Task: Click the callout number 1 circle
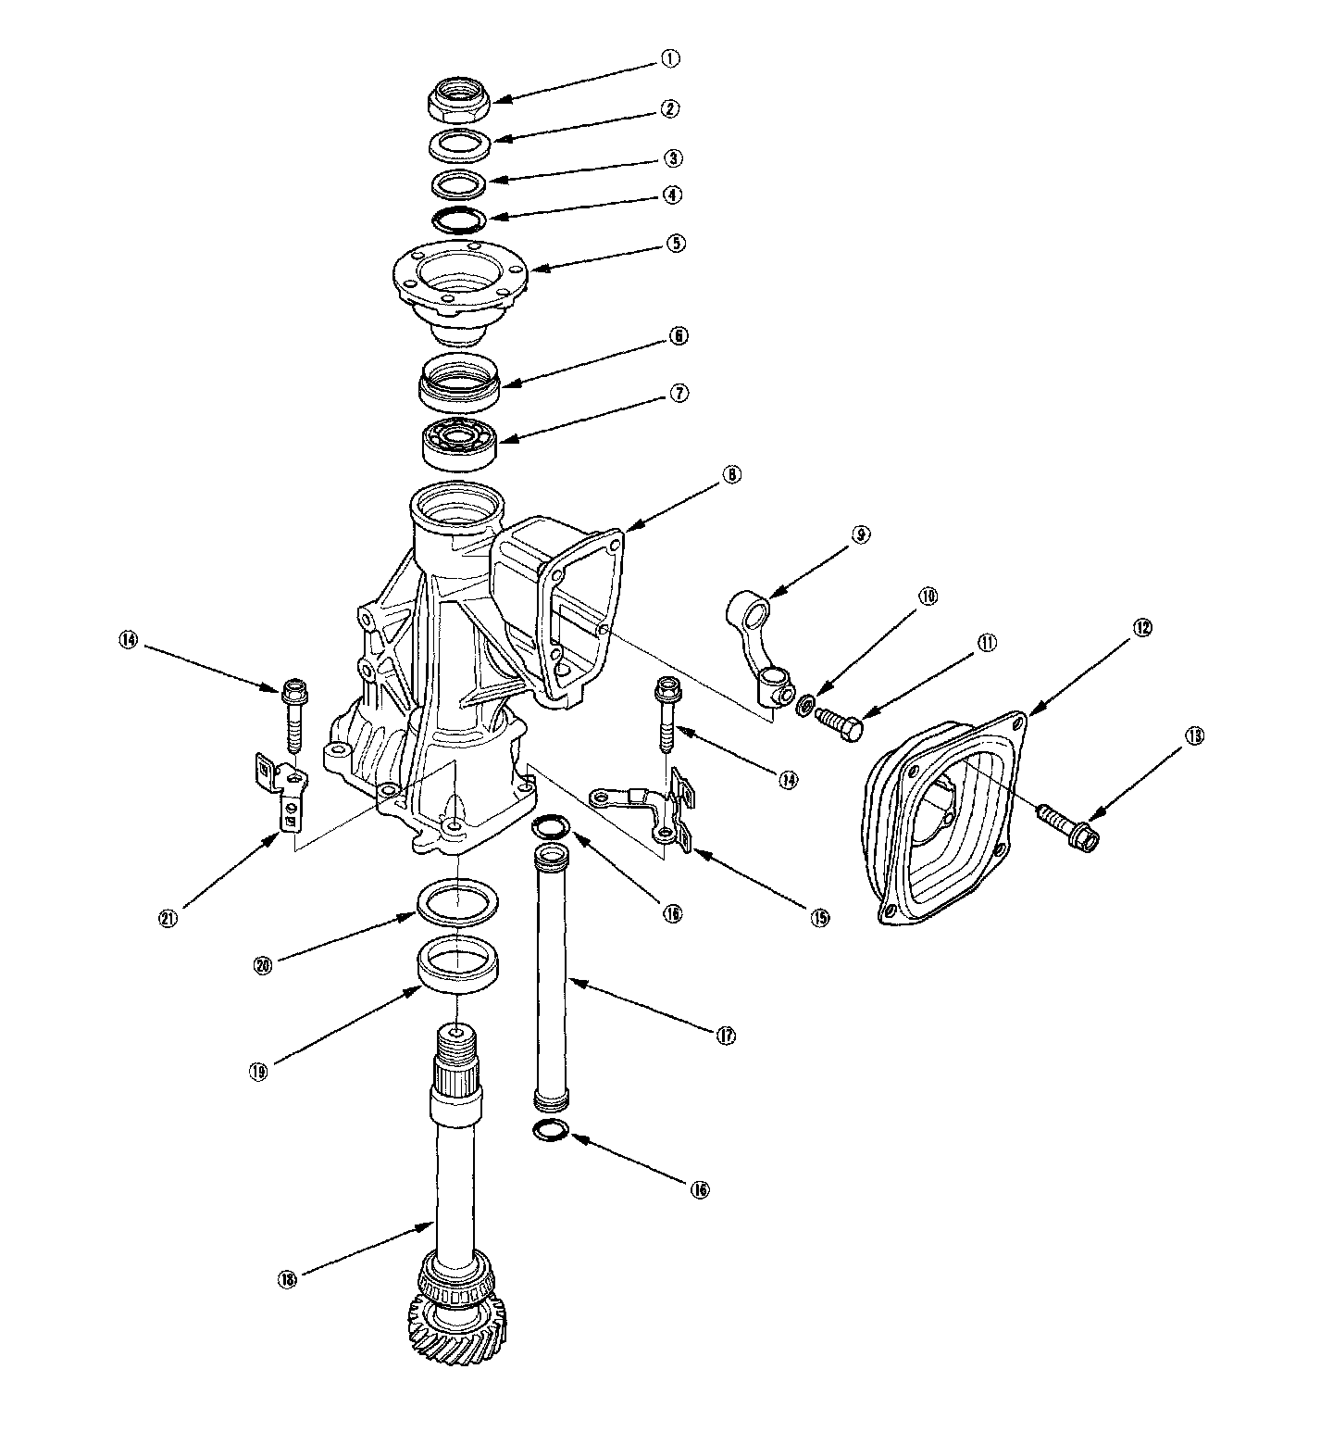click(x=669, y=58)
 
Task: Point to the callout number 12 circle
click(x=1141, y=628)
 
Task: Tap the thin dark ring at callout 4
click(x=459, y=220)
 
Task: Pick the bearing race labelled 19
click(x=458, y=966)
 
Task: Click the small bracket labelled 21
click(x=281, y=785)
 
